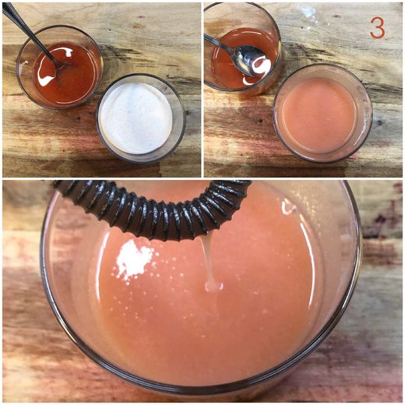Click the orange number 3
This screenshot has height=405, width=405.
tap(377, 28)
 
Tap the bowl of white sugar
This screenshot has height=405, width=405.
tap(141, 118)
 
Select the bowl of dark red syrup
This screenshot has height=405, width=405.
tap(59, 67)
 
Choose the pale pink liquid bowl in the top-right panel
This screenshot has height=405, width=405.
tap(322, 113)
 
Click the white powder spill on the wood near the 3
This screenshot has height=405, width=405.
tap(309, 11)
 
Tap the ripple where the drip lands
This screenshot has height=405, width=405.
tap(214, 287)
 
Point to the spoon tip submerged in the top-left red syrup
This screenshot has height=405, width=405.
tap(60, 66)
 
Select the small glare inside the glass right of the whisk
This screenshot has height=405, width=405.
tap(288, 208)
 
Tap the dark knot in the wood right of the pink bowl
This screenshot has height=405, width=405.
tap(379, 122)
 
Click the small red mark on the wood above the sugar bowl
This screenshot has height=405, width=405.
tap(141, 17)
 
